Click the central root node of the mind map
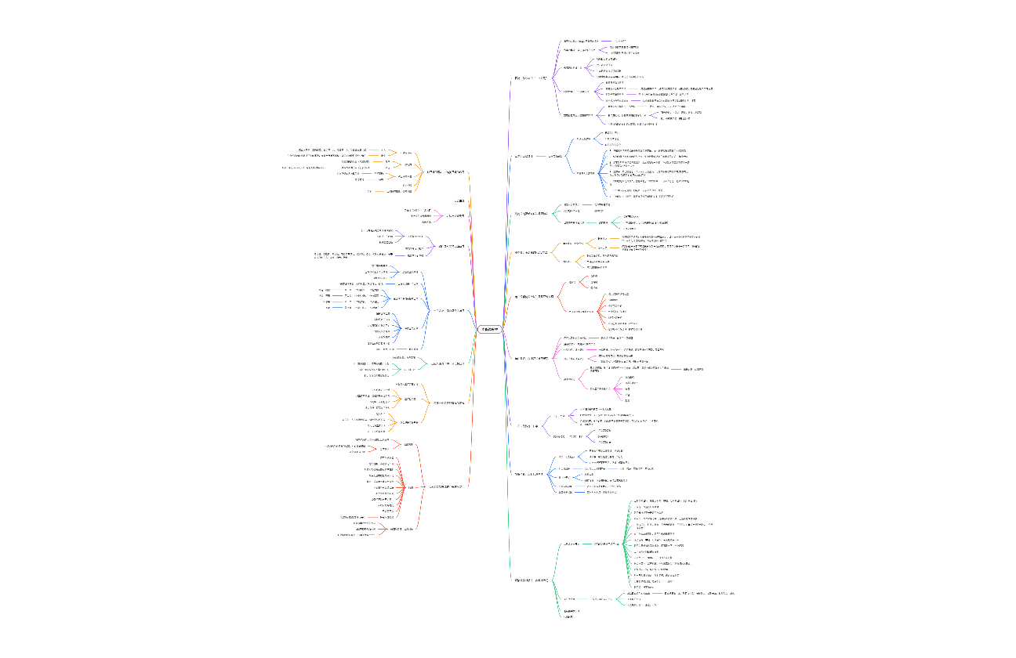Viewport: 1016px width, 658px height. (489, 329)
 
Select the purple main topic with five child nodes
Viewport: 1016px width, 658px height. (530, 78)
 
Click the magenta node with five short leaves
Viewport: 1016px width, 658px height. (600, 389)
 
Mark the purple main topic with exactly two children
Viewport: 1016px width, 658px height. (529, 425)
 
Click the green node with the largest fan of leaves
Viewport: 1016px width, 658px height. (608, 543)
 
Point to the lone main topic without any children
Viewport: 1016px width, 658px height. (459, 201)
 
